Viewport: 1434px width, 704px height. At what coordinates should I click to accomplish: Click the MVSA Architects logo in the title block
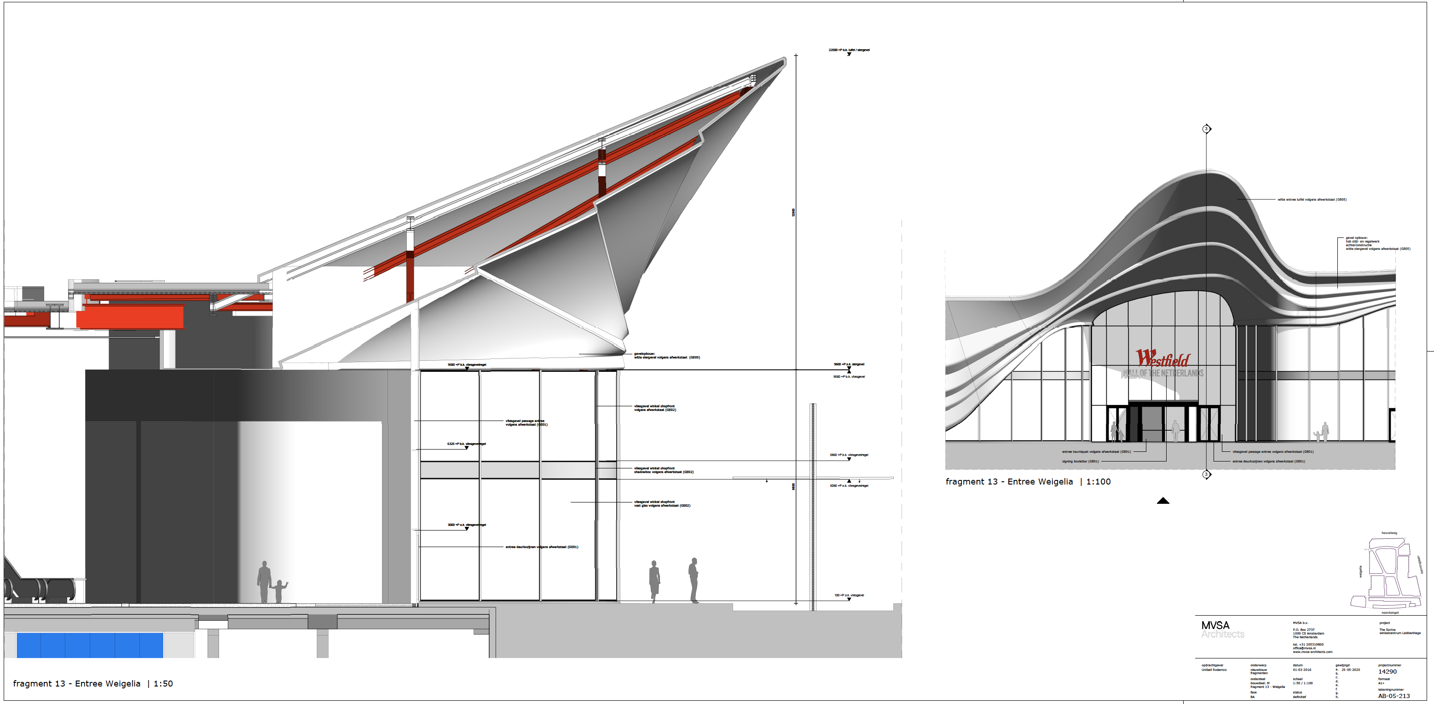[x=1222, y=629]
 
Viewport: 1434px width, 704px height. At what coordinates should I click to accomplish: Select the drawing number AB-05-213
[x=1394, y=696]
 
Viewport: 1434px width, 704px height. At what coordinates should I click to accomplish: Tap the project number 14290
[x=1387, y=672]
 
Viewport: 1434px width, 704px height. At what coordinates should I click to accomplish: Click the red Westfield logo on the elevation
[x=1162, y=358]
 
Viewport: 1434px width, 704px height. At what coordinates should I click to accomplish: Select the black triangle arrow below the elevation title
[x=1163, y=501]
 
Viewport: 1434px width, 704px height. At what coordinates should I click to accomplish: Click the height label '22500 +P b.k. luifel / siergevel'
[x=849, y=50]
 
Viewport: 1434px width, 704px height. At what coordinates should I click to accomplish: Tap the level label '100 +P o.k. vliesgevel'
[x=849, y=595]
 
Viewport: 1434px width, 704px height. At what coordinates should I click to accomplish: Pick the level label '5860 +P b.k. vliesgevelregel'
[x=849, y=455]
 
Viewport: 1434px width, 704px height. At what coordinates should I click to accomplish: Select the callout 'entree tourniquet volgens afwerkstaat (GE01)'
[x=1096, y=452]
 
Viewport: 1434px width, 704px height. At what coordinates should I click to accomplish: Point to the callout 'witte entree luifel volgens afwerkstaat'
[x=1312, y=199]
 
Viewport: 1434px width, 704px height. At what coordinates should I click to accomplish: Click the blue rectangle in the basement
[x=90, y=645]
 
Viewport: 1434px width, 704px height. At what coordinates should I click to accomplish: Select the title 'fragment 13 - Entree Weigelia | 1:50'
[x=93, y=684]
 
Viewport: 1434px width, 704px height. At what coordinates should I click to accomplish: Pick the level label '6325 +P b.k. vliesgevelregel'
[x=467, y=444]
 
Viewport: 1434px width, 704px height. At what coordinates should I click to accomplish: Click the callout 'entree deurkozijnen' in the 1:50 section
[x=542, y=547]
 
